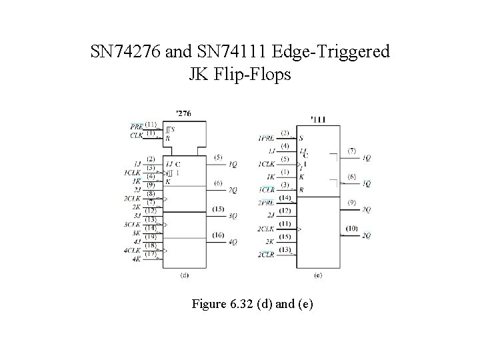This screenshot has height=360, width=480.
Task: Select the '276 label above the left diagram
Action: pyautogui.click(x=183, y=113)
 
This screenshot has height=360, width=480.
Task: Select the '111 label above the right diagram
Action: pyautogui.click(x=318, y=120)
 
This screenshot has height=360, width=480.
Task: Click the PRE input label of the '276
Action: pyautogui.click(x=137, y=125)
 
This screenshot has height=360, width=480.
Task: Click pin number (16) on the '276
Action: pyautogui.click(x=219, y=235)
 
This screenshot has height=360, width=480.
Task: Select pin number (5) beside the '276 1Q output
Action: pyautogui.click(x=219, y=157)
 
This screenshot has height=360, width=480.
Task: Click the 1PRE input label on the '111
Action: pyautogui.click(x=265, y=139)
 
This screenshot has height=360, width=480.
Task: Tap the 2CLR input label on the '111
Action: pyautogui.click(x=265, y=255)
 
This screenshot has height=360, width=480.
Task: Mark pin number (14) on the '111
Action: pyautogui.click(x=285, y=198)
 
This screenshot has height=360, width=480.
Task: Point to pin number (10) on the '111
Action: pyautogui.click(x=352, y=229)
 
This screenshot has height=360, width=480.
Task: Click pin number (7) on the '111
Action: pyautogui.click(x=352, y=151)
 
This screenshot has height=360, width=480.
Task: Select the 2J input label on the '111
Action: pyautogui.click(x=271, y=216)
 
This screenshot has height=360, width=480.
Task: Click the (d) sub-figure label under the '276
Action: pyautogui.click(x=184, y=275)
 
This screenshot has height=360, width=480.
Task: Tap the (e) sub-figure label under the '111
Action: pyautogui.click(x=317, y=275)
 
